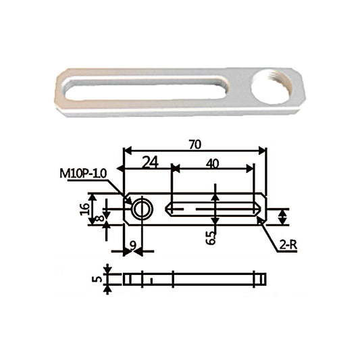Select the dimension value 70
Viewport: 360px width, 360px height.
(x=195, y=145)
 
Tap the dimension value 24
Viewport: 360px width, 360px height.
(x=150, y=162)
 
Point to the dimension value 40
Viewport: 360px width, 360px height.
(x=212, y=163)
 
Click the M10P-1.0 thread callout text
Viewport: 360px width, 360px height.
(x=83, y=174)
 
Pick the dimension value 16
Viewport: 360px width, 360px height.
(x=85, y=209)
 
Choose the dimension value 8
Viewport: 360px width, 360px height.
(x=99, y=217)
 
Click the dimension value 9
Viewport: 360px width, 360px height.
(x=133, y=247)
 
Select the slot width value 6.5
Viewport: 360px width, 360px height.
(x=211, y=238)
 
